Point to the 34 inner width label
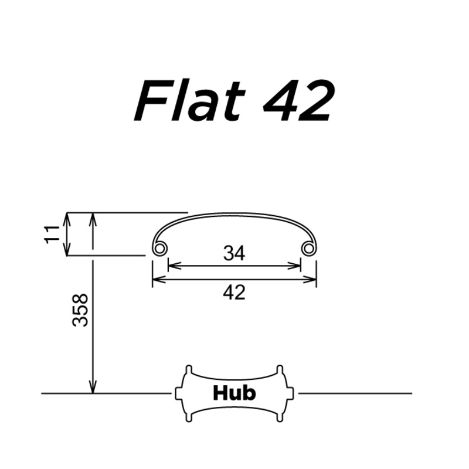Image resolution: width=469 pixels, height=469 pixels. (x=234, y=253)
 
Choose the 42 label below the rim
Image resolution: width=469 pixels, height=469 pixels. (x=234, y=292)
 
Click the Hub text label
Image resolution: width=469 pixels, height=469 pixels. (x=234, y=392)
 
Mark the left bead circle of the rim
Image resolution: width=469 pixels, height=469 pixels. (x=159, y=249)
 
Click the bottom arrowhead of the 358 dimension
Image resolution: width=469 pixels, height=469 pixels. (x=92, y=388)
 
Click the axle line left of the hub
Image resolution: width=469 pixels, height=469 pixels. (x=106, y=393)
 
